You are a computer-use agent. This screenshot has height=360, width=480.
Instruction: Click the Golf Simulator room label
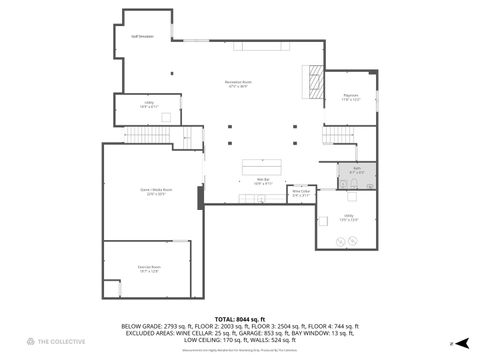[142, 36]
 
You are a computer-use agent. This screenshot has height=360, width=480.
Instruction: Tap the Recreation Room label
[239, 85]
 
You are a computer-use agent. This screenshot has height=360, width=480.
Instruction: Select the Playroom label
[349, 99]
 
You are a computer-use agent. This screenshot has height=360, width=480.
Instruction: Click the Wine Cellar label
[301, 195]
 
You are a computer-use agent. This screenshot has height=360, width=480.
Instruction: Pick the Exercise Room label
[149, 268]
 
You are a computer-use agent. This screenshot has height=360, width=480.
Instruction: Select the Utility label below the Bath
[349, 217]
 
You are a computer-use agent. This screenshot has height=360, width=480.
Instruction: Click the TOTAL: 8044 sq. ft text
[240, 319]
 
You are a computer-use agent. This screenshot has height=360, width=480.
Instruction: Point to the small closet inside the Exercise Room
[112, 288]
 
